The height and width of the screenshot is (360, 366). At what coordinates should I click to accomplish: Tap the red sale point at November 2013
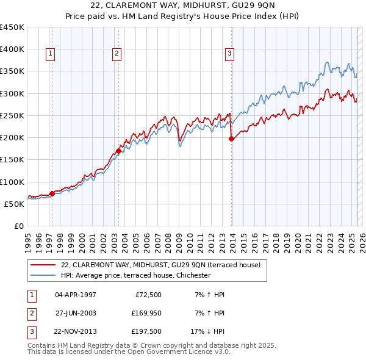[x=232, y=139]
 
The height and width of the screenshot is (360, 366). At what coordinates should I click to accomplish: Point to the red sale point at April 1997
[x=52, y=193]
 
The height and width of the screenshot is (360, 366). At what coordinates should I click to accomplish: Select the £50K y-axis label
[x=15, y=204]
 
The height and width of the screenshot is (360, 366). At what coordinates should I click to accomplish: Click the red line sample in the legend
[x=43, y=265]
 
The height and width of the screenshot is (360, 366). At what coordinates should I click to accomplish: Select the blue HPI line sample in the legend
[x=43, y=275]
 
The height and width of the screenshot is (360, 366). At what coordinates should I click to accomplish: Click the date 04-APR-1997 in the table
[x=76, y=295]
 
